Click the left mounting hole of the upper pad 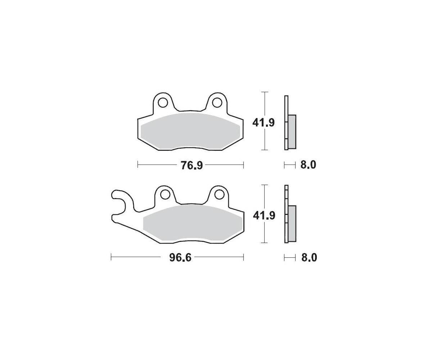coord(163,103)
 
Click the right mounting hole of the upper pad coord(217,103)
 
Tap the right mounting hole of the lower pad coord(219,194)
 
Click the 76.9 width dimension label coord(192,165)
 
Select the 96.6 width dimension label coord(180,258)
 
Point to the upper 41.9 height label coord(264,123)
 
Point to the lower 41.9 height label coord(264,216)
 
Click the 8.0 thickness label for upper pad coord(308,165)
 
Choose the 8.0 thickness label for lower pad coord(309,258)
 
